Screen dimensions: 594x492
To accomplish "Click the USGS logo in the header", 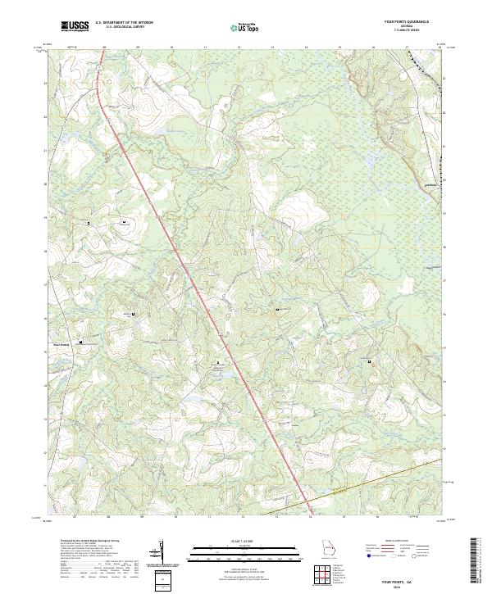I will pos(75,26).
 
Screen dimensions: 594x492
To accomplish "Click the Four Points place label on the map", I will pos(63,345).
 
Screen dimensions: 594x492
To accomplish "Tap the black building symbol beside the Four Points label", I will pos(81,342).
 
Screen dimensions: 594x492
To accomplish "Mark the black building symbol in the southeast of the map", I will pos(370,361).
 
